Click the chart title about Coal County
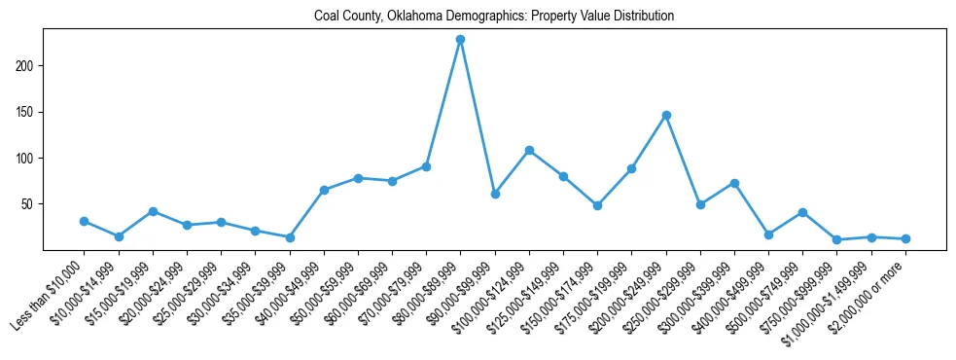[x=494, y=16]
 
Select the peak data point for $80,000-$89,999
[x=460, y=40]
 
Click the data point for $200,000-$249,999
[x=666, y=116]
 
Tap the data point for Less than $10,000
[x=84, y=221]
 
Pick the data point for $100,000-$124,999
[x=529, y=150]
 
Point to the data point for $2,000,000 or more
[x=905, y=238]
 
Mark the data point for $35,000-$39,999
[x=290, y=237]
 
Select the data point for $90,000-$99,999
[x=495, y=195]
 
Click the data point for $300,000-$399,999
[x=734, y=183]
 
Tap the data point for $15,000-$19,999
[x=153, y=211]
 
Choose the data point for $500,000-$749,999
[x=802, y=212]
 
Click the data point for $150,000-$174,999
[x=597, y=205]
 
